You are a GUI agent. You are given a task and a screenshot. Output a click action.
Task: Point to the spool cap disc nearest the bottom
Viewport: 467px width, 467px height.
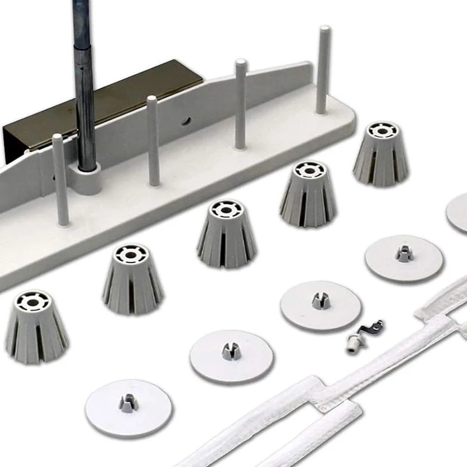pyautogui.click(x=128, y=408)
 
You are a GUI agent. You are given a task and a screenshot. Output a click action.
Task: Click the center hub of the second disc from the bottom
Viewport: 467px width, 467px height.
pyautogui.click(x=231, y=350)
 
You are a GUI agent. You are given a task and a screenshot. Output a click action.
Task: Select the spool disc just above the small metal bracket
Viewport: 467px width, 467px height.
pyautogui.click(x=321, y=306)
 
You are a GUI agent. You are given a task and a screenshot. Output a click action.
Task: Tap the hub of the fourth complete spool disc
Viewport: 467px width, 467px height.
pyautogui.click(x=404, y=253)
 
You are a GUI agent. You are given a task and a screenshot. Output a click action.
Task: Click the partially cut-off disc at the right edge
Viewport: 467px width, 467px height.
pyautogui.click(x=458, y=213)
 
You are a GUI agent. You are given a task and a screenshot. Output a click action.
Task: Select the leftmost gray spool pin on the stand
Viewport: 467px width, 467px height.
pyautogui.click(x=60, y=180)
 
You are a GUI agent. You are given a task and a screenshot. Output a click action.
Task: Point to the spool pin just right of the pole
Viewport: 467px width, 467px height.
pyautogui.click(x=153, y=141)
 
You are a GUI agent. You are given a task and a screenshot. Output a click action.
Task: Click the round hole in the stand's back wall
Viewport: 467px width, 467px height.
pyautogui.click(x=186, y=120)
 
